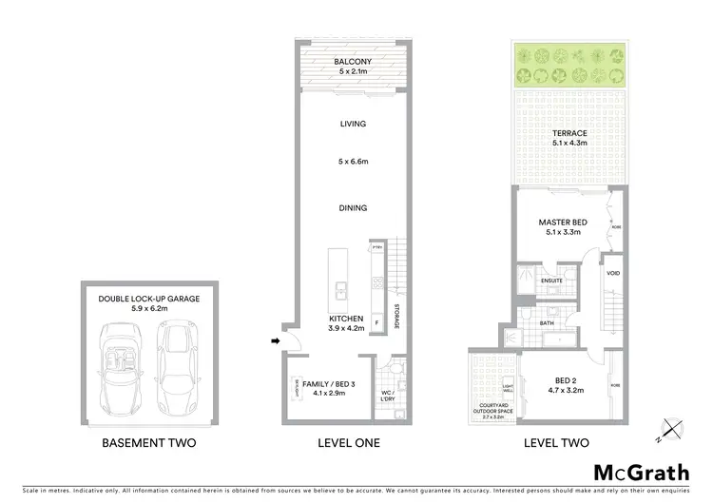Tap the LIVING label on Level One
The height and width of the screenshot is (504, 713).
click(353, 124)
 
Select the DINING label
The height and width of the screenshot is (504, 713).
click(353, 207)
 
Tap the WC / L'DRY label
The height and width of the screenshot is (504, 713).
click(387, 396)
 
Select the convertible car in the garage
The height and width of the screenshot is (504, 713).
click(123, 361)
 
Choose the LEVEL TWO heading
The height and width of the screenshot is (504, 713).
click(556, 443)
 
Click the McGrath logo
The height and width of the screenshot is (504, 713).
click(641, 473)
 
